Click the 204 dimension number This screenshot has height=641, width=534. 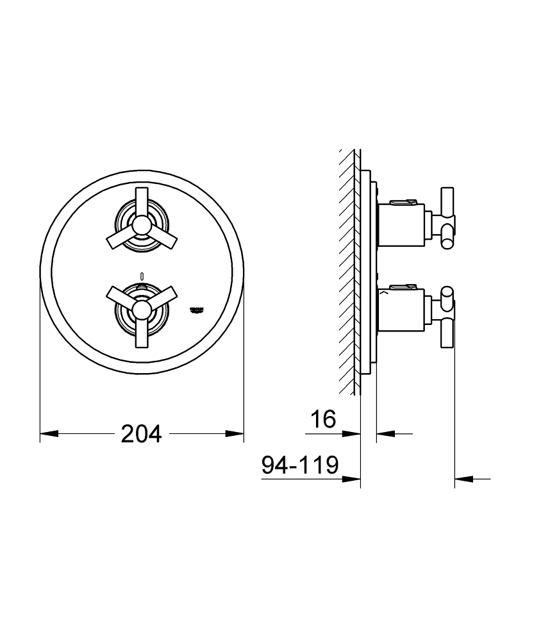(142, 434)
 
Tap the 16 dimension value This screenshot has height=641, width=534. (323, 420)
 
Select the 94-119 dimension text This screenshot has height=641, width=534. (300, 465)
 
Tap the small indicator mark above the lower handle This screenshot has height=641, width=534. (142, 276)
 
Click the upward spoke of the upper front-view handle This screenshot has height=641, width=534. (142, 200)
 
